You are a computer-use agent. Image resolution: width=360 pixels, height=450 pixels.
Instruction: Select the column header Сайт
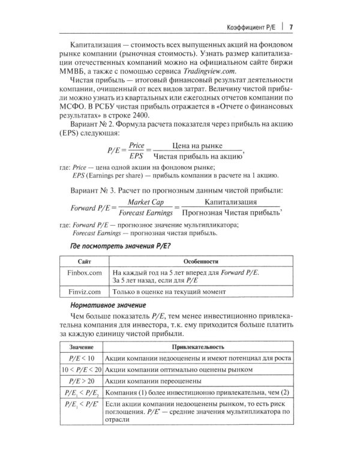tap(85, 262)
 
